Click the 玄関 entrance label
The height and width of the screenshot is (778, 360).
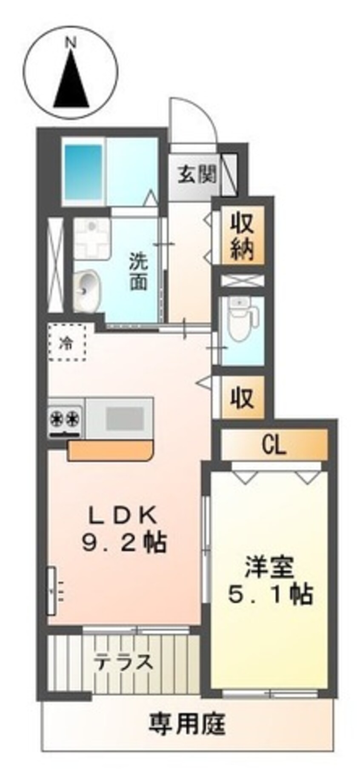tap(197, 174)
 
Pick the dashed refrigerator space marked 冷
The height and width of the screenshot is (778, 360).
tap(68, 342)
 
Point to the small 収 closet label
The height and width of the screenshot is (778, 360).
tap(242, 397)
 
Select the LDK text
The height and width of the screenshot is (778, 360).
tap(123, 516)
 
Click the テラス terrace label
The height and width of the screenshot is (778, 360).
tap(123, 662)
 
